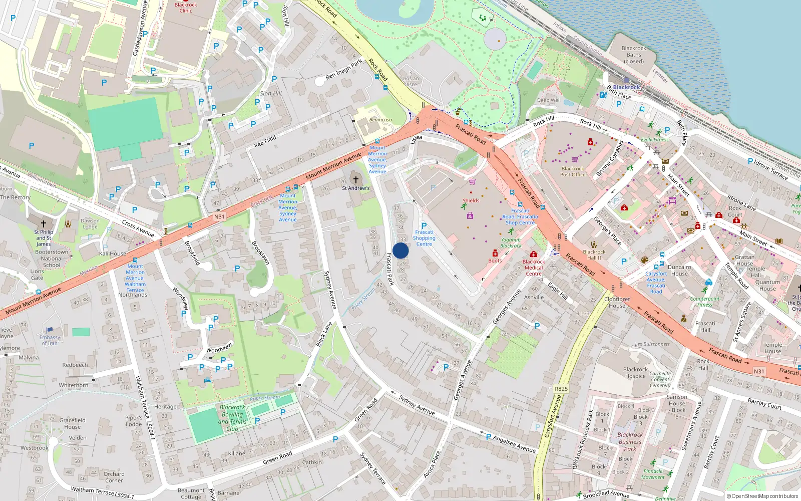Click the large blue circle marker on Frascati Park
400,250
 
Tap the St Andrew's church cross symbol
356,179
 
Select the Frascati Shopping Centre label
424,238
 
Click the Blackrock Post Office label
573,171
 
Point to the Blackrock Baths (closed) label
634,55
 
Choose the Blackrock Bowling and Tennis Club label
232,418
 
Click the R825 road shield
561,389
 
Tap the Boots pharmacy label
495,261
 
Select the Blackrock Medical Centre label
534,268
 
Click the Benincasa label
380,120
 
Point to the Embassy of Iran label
50,340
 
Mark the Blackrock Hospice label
635,373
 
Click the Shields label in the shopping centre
471,200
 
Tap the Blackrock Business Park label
630,442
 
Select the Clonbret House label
617,302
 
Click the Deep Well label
549,100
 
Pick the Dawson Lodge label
90,223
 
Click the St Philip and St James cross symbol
44,223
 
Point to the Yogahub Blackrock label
511,242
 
